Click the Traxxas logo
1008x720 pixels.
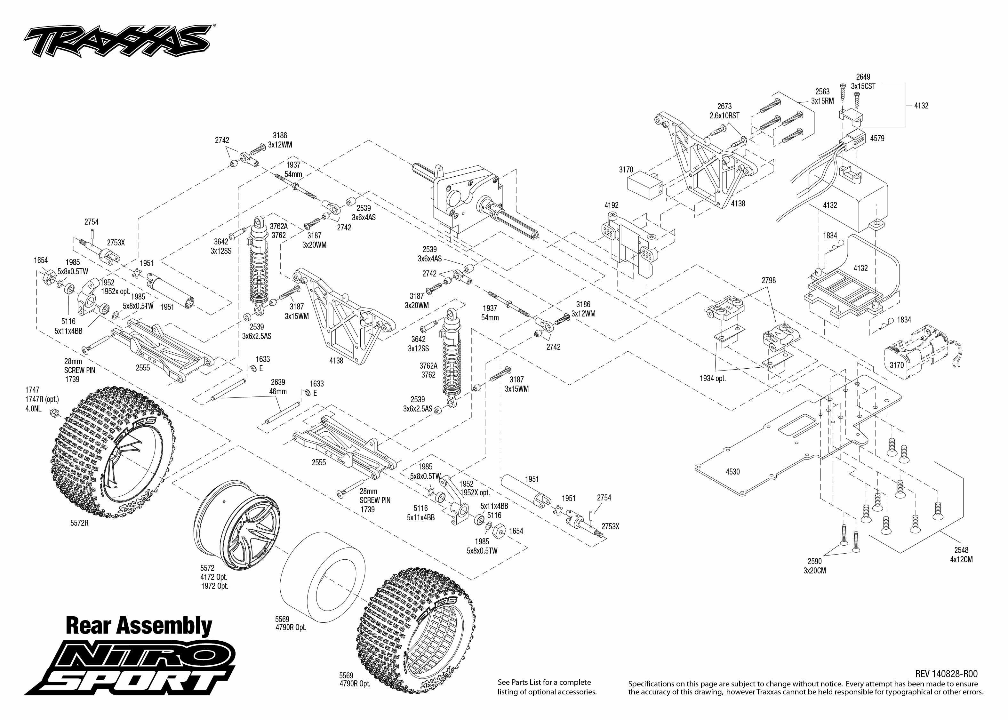click(117, 41)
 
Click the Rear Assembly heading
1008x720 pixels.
click(139, 626)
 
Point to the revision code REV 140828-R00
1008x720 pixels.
click(946, 674)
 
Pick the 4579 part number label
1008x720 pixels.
click(877, 138)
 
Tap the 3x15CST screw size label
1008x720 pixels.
click(863, 86)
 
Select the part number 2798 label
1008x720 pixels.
click(769, 280)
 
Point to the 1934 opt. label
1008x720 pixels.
click(713, 379)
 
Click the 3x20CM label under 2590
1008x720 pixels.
click(815, 571)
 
